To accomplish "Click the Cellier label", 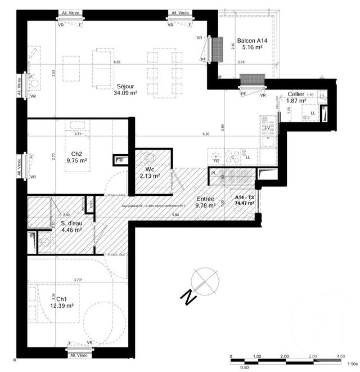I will pyautogui.click(x=296, y=94).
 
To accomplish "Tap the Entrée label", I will pyautogui.click(x=206, y=199).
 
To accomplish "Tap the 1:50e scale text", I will pyautogui.click(x=352, y=364).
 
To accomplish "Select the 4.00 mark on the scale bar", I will pyautogui.click(x=341, y=356).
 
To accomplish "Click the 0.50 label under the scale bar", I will pyautogui.click(x=245, y=367).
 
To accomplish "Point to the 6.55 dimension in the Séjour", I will pyautogui.click(x=117, y=62).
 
